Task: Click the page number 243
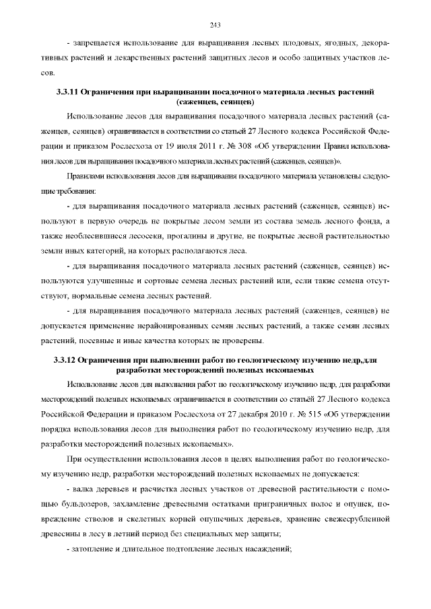(x=215, y=26)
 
